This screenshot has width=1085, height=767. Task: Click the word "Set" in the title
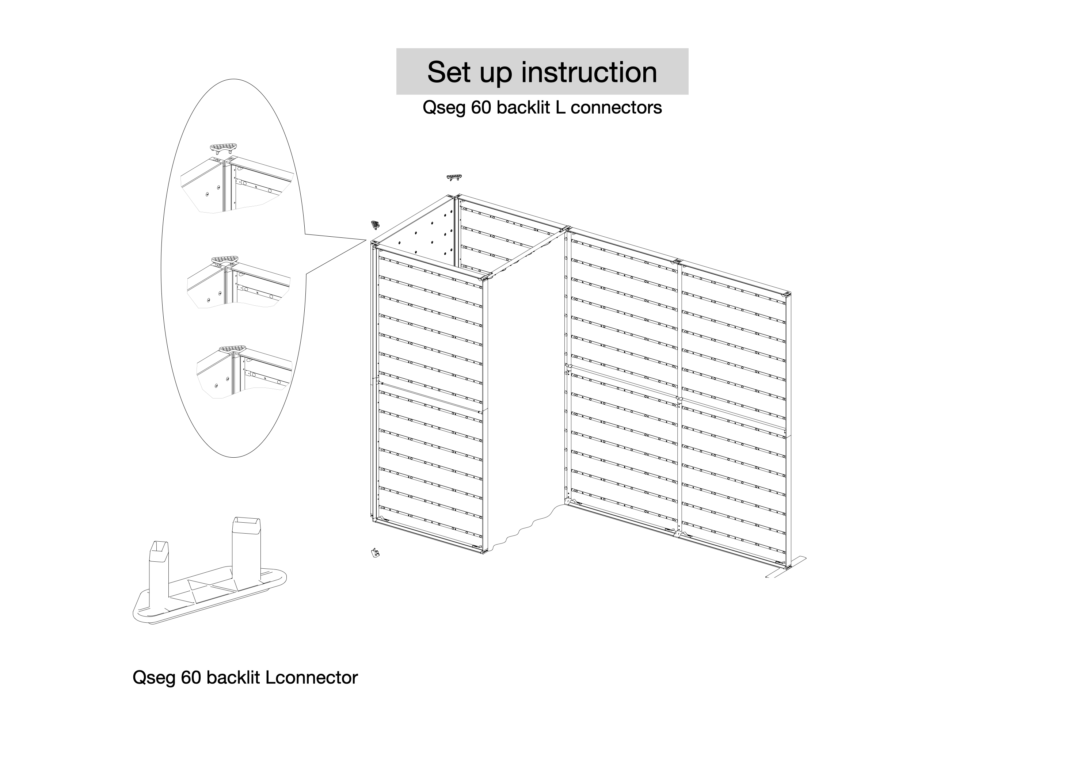[x=449, y=72]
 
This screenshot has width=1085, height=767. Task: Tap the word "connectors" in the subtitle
[x=616, y=108]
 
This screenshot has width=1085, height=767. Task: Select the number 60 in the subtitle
[x=481, y=108]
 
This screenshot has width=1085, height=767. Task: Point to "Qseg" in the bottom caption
[x=154, y=678]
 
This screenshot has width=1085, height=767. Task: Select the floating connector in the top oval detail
[x=224, y=149]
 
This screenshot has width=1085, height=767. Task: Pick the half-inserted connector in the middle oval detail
[x=224, y=261]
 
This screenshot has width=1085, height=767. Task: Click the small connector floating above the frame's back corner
[x=454, y=177]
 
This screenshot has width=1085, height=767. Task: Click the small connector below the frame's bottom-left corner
[x=376, y=553]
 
